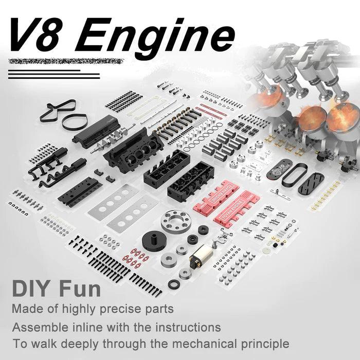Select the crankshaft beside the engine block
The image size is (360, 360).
click(102, 143)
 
